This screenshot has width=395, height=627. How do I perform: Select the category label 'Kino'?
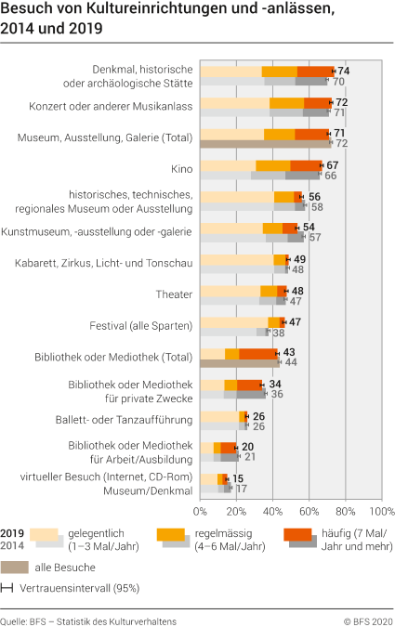pyautogui.click(x=181, y=170)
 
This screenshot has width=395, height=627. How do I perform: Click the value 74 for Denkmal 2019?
pyautogui.click(x=343, y=71)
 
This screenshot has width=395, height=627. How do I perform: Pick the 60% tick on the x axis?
pyautogui.click(x=309, y=511)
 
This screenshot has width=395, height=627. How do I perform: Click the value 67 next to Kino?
pyautogui.click(x=332, y=164)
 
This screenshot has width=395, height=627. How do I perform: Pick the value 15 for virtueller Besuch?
pyautogui.click(x=238, y=478)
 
